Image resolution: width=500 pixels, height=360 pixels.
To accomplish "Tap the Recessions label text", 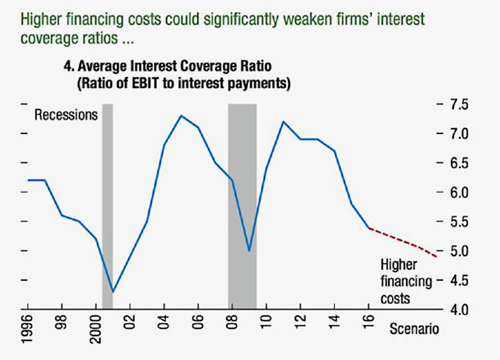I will pyautogui.click(x=67, y=115).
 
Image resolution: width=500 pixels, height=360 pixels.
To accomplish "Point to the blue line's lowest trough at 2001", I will pyautogui.click(x=113, y=291).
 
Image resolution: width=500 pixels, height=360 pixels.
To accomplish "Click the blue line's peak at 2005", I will pyautogui.click(x=181, y=116).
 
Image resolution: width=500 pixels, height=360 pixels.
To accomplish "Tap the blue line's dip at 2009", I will pyautogui.click(x=250, y=251).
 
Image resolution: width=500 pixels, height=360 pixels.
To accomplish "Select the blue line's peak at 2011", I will pyautogui.click(x=283, y=121).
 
